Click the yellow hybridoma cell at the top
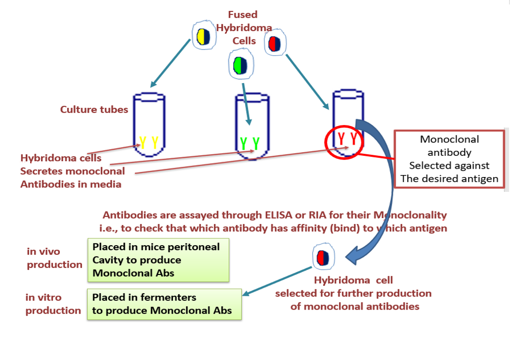point(202,37)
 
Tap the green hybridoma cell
point(241,65)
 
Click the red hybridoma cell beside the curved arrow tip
point(323,257)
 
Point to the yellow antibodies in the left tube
point(149,142)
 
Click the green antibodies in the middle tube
point(249,142)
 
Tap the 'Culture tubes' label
point(94,109)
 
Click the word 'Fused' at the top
point(243,15)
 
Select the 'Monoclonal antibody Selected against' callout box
point(449,159)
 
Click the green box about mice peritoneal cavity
point(158,260)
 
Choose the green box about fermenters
point(164,304)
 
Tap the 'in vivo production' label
point(54,258)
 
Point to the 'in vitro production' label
point(53,304)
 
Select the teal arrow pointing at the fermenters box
point(277,282)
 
